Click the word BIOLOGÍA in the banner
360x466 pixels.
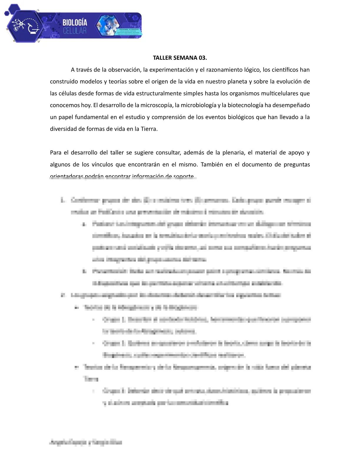[x=75, y=22]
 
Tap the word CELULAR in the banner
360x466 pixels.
[x=75, y=31]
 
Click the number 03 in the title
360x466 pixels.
[x=203, y=58]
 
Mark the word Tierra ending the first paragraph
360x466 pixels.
[x=149, y=129]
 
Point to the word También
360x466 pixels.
[x=211, y=164]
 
